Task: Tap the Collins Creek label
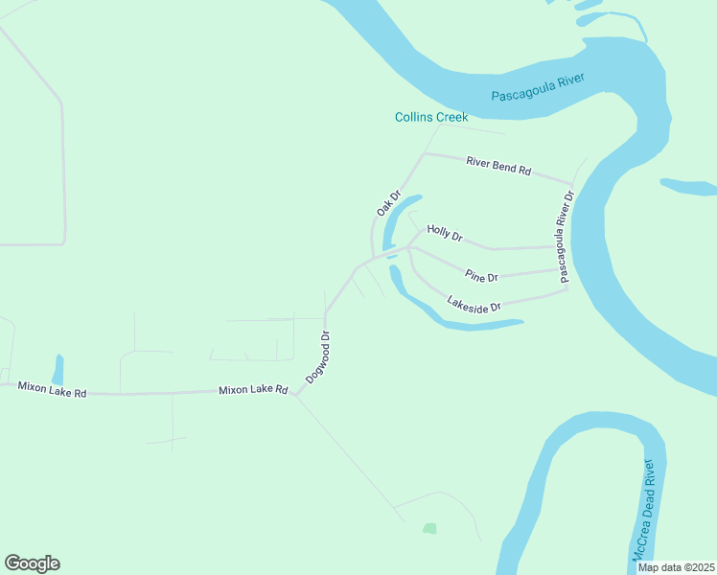(x=431, y=117)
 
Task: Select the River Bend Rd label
(x=498, y=165)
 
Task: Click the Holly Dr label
(x=445, y=233)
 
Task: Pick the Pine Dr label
(x=482, y=276)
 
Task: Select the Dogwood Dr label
(x=318, y=357)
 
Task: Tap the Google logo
(x=32, y=563)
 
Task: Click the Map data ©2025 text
(x=677, y=567)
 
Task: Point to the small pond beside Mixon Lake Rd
(x=58, y=369)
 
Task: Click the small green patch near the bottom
(x=429, y=528)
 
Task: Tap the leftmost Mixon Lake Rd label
(x=53, y=389)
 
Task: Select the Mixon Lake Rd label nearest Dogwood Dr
(x=253, y=390)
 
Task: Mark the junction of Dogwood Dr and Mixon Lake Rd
(x=297, y=391)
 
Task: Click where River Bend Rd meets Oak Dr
(x=423, y=153)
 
